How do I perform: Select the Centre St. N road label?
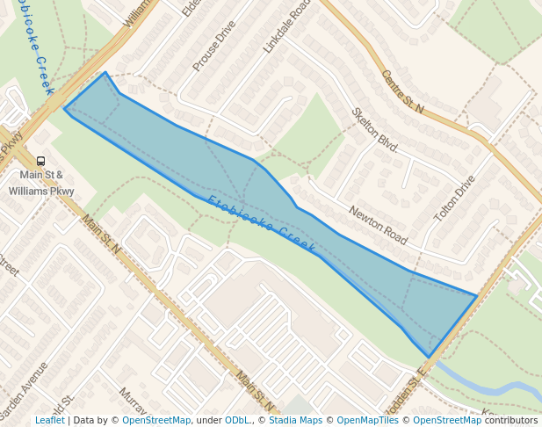402,92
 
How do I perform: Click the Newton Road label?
379,225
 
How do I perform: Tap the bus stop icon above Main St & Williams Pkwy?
40,162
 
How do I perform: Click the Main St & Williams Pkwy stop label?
47,183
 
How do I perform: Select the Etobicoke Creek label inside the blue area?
262,226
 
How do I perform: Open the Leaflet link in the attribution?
49,420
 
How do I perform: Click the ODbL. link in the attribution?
238,420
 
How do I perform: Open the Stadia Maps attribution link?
295,420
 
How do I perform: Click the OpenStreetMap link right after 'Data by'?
156,420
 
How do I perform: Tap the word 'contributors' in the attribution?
511,420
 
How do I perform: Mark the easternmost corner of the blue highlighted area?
476,296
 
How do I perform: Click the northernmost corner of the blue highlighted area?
105,73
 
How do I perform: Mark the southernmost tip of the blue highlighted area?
430,357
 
